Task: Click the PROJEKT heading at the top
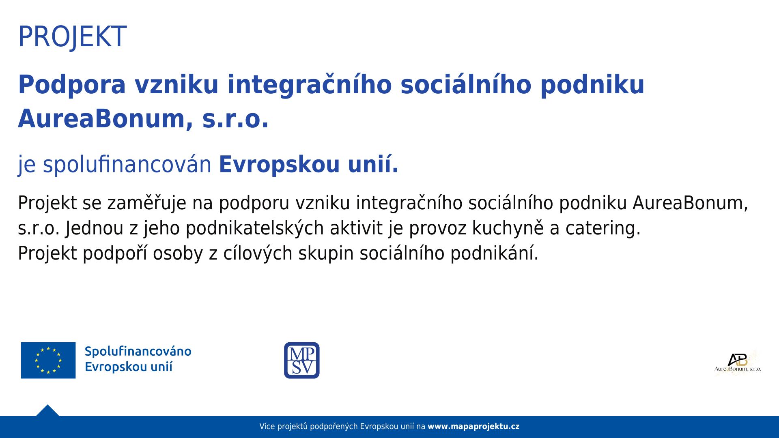tap(72, 37)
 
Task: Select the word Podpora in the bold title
tap(72, 85)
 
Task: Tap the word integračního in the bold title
tap(310, 85)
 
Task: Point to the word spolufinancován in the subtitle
tap(127, 165)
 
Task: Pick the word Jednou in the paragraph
tap(95, 228)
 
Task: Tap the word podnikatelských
tap(255, 228)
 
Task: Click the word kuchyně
tap(508, 228)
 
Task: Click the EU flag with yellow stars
tap(48, 360)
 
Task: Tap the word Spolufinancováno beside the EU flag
tap(138, 352)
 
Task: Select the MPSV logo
tap(302, 360)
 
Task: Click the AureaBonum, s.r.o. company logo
tap(738, 363)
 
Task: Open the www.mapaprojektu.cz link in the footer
tap(473, 427)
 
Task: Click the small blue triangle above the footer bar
tap(47, 411)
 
